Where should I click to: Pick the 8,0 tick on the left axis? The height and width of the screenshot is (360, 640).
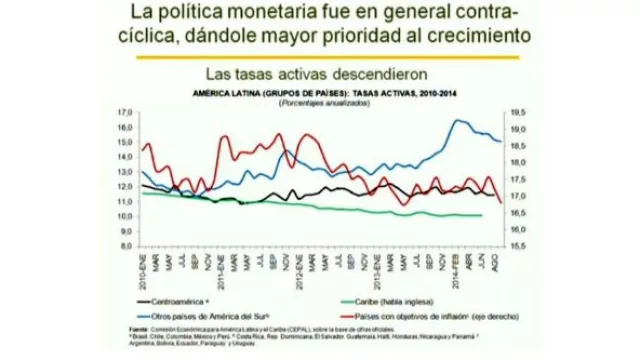click(x=126, y=245)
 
